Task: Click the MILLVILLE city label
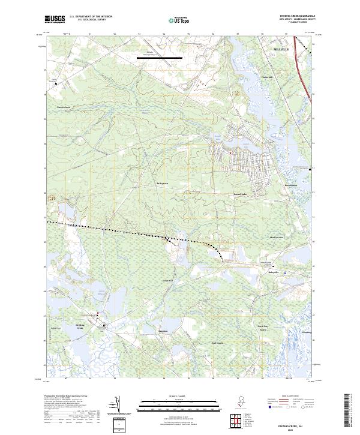(281, 47)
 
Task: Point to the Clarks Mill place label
(267, 77)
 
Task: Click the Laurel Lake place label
(241, 194)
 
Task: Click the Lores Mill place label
(167, 280)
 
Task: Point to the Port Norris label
(216, 343)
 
